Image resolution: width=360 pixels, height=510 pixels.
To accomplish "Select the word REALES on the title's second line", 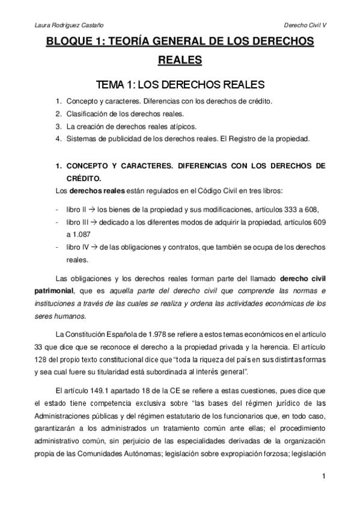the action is pos(179,60).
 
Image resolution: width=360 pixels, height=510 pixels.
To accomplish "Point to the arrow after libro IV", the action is pos(86,247).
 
